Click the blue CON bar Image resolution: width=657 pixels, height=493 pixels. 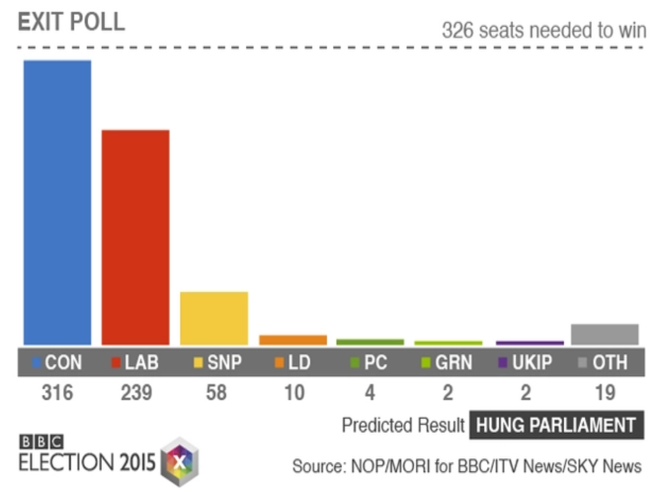coord(57,202)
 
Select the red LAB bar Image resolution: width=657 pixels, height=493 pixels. coord(136,237)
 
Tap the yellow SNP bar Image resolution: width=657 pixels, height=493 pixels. coord(214,318)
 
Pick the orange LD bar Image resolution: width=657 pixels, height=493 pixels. coord(293,340)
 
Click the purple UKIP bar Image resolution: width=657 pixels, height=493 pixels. coord(530,343)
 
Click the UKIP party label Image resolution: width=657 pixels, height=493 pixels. coord(532,362)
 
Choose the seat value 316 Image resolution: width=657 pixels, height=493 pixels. coord(57,392)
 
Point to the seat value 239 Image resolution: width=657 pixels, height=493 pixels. coord(136,392)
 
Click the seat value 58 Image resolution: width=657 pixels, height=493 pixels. coord(216,392)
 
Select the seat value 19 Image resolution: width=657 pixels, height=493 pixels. coord(605,392)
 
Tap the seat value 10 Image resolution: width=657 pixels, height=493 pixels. coord(294,392)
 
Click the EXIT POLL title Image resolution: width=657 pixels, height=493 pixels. coord(71,22)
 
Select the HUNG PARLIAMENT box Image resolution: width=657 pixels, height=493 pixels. coord(556,425)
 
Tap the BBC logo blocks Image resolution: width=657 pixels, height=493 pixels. coord(41,442)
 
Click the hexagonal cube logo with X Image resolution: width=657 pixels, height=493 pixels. coord(180,462)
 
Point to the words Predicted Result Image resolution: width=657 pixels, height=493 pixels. coord(403,425)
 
